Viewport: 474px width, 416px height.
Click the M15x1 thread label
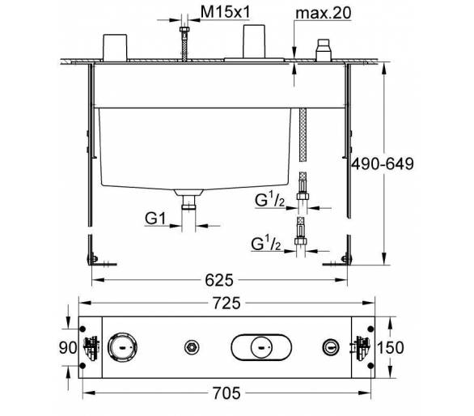coord(226,13)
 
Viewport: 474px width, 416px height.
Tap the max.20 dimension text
coord(324,13)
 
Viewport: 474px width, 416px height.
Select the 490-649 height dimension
coord(382,164)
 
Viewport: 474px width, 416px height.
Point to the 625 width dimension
coord(219,280)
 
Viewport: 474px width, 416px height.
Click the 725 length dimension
coord(226,304)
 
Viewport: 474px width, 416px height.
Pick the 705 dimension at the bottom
coord(226,393)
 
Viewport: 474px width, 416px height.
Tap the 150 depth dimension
coord(390,347)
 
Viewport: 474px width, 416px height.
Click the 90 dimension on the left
coord(68,348)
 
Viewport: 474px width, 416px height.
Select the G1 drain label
coord(155,219)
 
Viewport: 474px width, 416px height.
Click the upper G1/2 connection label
coord(270,200)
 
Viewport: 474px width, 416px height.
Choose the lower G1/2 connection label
coord(266,244)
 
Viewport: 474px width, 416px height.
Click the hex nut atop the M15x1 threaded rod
coord(184,29)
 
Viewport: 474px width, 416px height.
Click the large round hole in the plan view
coord(122,347)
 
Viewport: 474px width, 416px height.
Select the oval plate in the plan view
coord(261,347)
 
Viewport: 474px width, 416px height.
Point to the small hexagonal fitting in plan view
coord(192,347)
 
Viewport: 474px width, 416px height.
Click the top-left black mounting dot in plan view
coord(83,329)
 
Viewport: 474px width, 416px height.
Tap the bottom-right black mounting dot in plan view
coord(370,366)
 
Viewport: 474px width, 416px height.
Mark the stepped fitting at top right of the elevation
coord(324,50)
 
